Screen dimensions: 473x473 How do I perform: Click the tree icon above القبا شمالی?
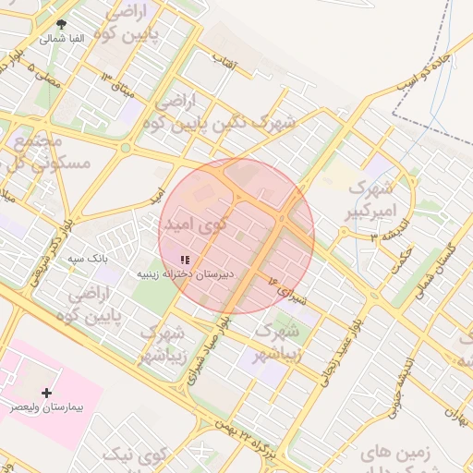point(61,25)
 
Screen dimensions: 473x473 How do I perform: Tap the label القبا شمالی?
point(62,39)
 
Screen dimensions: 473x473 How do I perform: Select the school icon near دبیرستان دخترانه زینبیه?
point(185,261)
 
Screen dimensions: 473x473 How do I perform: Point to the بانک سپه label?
point(89,260)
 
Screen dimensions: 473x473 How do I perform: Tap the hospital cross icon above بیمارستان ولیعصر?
point(47,393)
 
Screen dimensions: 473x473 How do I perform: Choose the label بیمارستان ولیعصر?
point(47,406)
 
